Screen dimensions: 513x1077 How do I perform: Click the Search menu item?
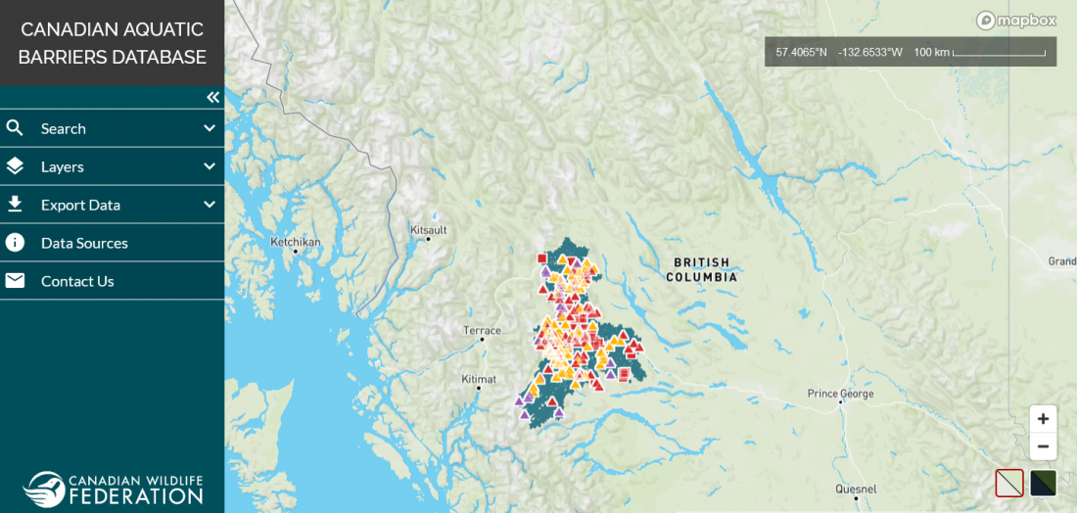[64, 128]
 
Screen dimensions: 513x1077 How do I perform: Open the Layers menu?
[63, 166]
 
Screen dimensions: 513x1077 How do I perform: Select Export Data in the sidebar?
[80, 205]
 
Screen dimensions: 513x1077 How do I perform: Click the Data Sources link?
[84, 243]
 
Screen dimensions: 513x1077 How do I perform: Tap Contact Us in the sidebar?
[77, 281]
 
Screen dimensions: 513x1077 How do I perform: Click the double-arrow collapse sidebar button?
[212, 97]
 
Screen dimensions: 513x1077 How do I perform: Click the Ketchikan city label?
[295, 241]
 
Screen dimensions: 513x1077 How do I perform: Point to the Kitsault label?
[429, 230]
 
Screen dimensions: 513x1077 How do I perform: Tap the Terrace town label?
[483, 331]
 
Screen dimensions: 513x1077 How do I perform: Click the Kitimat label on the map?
[479, 379]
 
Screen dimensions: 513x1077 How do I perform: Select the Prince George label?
[840, 395]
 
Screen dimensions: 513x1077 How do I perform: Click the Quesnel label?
[856, 489]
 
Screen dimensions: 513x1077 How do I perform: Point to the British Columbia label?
[701, 269]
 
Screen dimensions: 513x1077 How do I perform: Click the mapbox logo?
[1015, 20]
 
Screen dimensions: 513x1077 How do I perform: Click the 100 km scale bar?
[999, 52]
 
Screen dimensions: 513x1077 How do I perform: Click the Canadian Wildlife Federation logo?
[113, 489]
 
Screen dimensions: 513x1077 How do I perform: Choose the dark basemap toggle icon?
[1043, 483]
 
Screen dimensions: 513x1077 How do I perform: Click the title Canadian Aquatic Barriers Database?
[112, 43]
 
